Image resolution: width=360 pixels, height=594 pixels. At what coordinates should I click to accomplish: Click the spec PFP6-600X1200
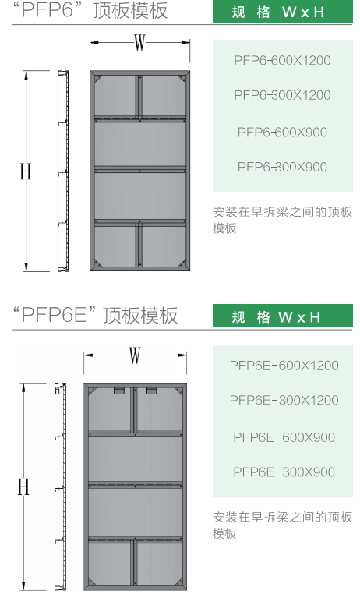[282, 60]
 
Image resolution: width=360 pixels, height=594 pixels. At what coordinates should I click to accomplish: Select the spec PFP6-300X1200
[282, 95]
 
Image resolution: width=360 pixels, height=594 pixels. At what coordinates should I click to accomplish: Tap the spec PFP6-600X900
[282, 133]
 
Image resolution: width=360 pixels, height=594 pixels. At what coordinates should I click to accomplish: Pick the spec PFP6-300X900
[282, 167]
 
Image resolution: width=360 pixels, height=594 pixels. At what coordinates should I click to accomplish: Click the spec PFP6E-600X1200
[284, 366]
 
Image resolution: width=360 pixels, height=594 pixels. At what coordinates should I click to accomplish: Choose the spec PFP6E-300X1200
[284, 400]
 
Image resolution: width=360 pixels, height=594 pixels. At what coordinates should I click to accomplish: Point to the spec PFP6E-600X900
[284, 437]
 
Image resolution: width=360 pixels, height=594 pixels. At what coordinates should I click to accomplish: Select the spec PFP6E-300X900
[284, 472]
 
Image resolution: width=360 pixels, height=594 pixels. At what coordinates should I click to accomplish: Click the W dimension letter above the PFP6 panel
[139, 42]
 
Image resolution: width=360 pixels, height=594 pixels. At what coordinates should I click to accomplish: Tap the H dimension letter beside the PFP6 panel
[26, 171]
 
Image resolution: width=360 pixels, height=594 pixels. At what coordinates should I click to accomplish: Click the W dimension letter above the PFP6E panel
[135, 355]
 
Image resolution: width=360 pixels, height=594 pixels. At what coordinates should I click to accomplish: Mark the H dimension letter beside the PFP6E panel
[23, 486]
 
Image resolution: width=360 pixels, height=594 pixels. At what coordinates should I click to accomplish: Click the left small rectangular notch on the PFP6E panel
[119, 391]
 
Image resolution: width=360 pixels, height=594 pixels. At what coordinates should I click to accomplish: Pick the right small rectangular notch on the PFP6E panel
[152, 391]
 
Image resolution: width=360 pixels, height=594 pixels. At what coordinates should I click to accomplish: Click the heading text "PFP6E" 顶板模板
[95, 315]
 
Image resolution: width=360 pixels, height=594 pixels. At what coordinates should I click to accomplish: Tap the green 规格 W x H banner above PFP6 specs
[282, 12]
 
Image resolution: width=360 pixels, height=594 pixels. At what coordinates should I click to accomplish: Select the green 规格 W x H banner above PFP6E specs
[282, 316]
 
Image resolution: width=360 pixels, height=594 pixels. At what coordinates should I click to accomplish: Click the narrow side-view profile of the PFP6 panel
[63, 171]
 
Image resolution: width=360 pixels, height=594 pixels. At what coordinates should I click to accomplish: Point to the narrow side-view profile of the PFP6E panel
[60, 486]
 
